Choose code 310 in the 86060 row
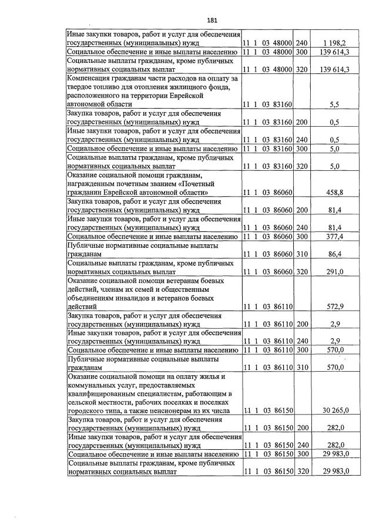pos(302,254)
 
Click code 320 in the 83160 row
pos(302,166)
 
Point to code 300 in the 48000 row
pos(302,52)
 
